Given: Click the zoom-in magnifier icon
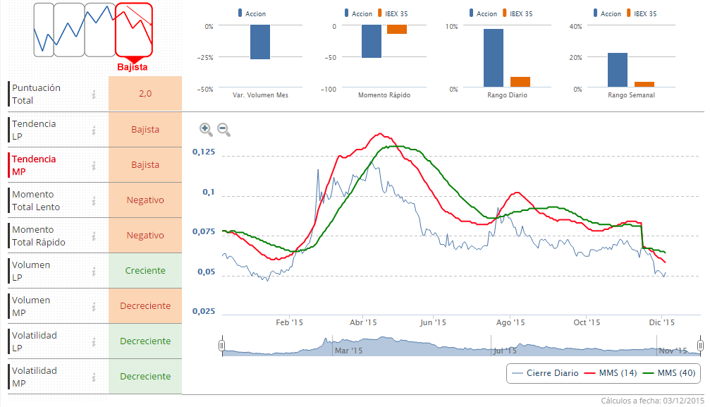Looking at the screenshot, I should (x=205, y=128).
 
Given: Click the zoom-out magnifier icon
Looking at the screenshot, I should (x=223, y=128).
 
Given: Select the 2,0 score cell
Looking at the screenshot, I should (x=145, y=94).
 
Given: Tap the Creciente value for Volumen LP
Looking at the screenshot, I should (x=145, y=271).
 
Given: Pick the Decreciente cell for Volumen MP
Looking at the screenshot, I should (x=145, y=306).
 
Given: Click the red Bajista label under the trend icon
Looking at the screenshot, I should (x=132, y=67).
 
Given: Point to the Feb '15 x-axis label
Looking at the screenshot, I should (x=289, y=322).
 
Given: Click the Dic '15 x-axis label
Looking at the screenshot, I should (x=661, y=322).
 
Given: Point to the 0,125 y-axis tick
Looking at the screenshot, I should (x=203, y=152).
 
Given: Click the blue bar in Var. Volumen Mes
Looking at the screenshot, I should (x=259, y=42).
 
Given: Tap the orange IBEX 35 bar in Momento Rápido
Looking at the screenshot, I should (x=397, y=30).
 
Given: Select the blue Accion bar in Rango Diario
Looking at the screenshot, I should (x=494, y=57).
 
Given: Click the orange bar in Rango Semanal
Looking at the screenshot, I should (x=644, y=85).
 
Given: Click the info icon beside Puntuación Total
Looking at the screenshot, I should (x=93, y=94).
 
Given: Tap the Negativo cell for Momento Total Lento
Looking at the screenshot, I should (x=145, y=200).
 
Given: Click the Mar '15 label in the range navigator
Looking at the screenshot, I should (x=348, y=350).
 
